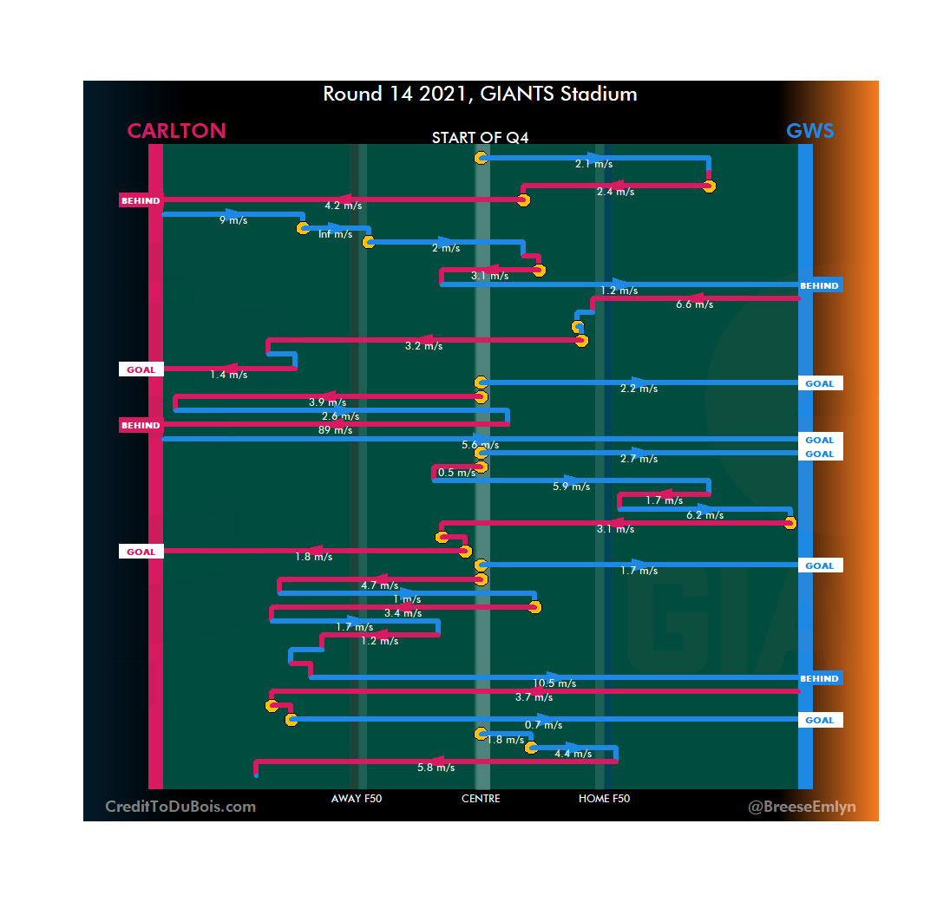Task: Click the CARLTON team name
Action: point(176,131)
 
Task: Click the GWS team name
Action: point(809,131)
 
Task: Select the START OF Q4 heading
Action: point(481,138)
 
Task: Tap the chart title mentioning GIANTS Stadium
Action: point(480,94)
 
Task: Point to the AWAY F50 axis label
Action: point(356,799)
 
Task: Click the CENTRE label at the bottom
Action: point(481,799)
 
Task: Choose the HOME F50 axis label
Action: point(604,799)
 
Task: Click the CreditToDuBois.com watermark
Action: point(180,807)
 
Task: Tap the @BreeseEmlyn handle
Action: point(802,807)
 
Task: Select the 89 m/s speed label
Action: point(336,430)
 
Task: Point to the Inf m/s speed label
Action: point(336,234)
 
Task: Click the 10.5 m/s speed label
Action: point(554,683)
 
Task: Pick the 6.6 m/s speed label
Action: point(694,304)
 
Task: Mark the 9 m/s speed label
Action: point(233,220)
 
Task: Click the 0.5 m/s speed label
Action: point(456,473)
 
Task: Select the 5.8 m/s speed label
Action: point(436,768)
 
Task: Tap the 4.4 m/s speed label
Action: point(573,754)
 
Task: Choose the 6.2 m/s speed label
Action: point(704,515)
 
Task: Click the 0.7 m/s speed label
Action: point(544,725)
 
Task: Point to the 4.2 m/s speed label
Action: point(343,206)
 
